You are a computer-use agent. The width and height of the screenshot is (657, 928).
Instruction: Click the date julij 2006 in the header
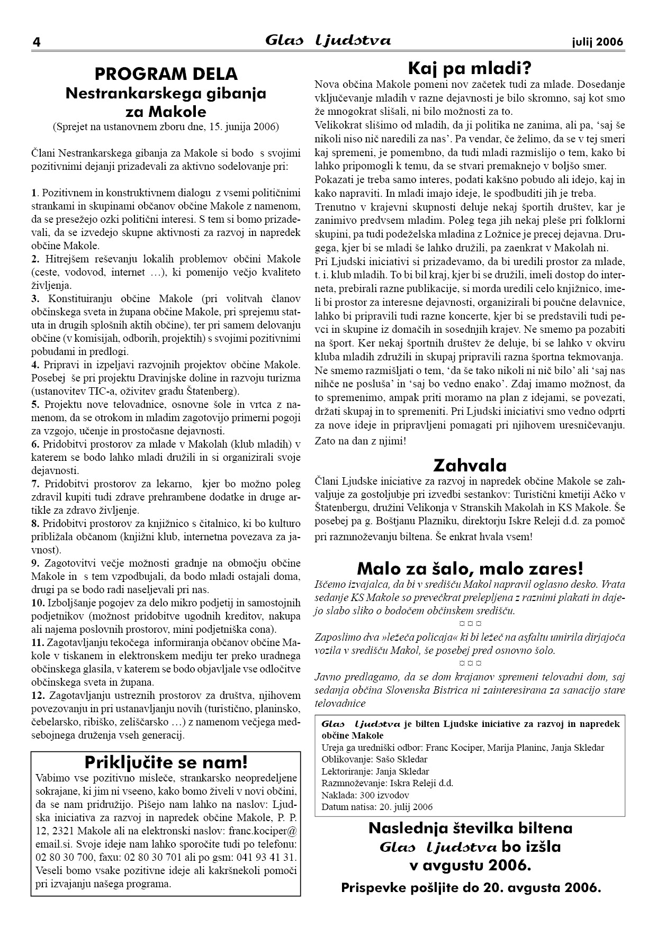[597, 42]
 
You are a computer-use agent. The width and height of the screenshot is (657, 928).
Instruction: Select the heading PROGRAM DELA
[166, 74]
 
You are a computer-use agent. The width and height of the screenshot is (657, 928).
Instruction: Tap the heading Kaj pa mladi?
[469, 68]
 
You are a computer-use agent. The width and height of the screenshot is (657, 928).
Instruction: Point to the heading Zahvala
[470, 466]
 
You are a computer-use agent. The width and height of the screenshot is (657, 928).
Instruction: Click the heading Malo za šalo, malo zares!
[470, 569]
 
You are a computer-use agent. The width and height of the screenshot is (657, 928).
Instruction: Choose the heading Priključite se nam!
[166, 762]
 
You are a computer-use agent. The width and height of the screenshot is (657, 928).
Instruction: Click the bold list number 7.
[35, 484]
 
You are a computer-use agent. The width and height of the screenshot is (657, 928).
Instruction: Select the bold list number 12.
[38, 695]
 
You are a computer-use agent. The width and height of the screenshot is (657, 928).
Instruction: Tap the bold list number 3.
[35, 298]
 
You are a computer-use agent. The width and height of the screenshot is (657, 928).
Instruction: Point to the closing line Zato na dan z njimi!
[360, 440]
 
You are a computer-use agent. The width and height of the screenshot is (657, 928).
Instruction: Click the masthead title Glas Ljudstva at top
[328, 41]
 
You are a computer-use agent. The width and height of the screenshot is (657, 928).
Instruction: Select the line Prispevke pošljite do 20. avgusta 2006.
[471, 887]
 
